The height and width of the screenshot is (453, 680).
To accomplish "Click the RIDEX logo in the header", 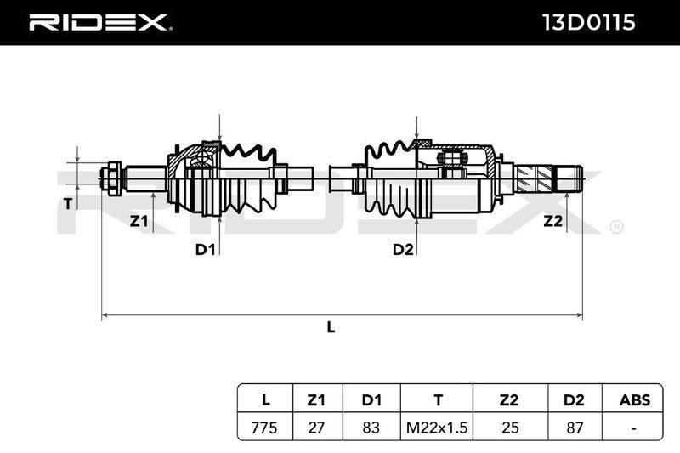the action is tap(99, 23).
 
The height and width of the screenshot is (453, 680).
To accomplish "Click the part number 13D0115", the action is tap(589, 23).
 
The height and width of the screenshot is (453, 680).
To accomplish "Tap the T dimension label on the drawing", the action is tap(68, 203).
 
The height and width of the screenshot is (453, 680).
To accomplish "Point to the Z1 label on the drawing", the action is tap(139, 222).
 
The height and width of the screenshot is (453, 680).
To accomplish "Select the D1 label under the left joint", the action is tap(205, 250).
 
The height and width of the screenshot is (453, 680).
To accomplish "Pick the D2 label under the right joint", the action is tap(403, 250).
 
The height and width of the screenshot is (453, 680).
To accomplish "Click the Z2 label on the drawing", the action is tap(553, 222).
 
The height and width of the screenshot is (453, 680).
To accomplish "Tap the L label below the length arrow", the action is tap(331, 327).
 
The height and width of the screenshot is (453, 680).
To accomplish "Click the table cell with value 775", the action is tap(264, 428).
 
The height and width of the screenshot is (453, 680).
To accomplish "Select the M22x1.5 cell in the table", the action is tap(437, 428).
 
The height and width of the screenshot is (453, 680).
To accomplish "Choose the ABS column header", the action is tap(635, 399).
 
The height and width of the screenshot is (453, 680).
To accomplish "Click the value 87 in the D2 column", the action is tap(575, 428).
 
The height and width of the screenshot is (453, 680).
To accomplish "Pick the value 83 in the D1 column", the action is tap(371, 428).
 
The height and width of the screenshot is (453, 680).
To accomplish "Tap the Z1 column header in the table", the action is tap(316, 399).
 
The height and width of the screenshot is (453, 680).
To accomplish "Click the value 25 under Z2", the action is tap(510, 428).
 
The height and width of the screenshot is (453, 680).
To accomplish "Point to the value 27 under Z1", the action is tap(316, 428).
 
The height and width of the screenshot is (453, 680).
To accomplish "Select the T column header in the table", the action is tap(438, 399).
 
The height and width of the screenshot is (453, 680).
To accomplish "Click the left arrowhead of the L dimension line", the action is tap(105, 315).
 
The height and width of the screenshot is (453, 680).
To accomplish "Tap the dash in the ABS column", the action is tap(634, 428).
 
